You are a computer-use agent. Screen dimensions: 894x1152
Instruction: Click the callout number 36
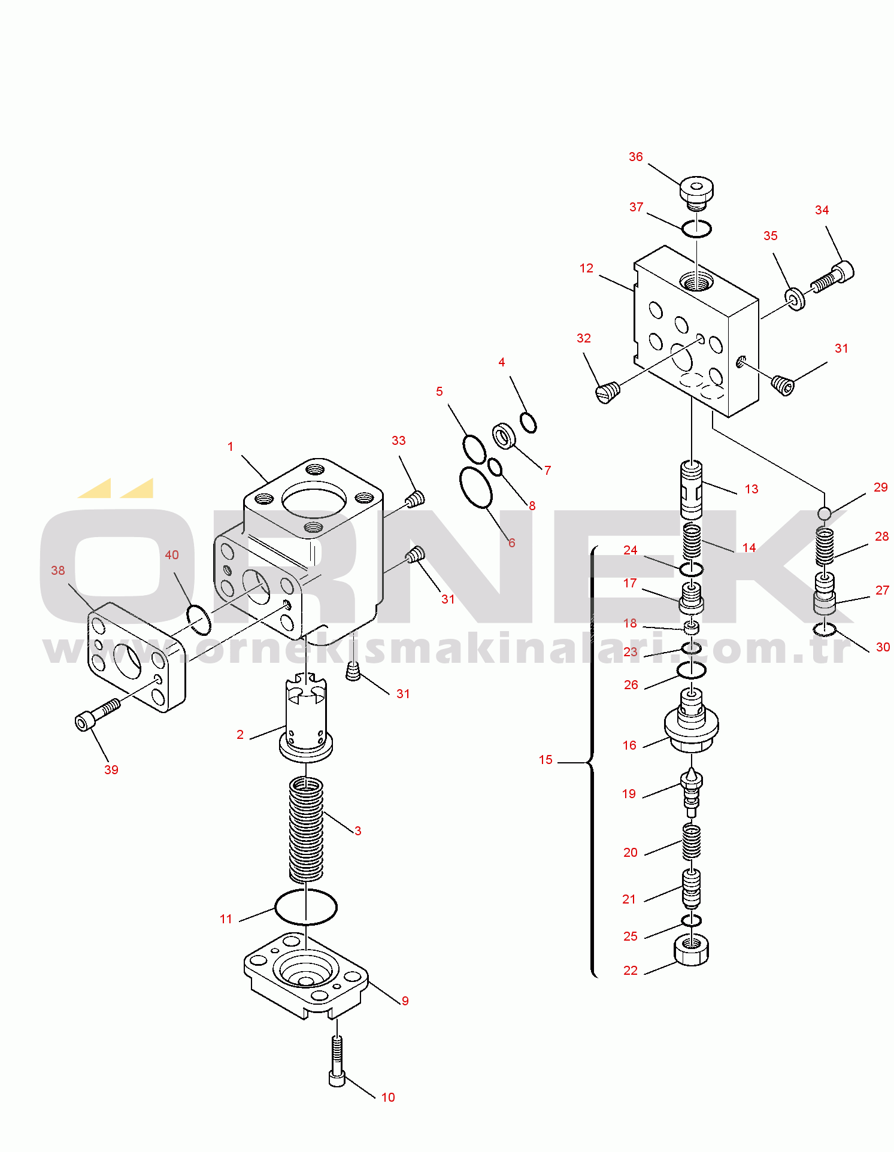[x=635, y=157]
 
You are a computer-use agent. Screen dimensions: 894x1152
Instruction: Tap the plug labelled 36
[x=696, y=192]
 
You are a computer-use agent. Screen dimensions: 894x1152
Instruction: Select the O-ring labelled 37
[x=696, y=228]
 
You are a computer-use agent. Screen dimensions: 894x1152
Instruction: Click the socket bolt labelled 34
[x=833, y=277]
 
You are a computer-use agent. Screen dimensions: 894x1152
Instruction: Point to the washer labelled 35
[x=795, y=298]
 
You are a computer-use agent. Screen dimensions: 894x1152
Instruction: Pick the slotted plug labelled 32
[x=608, y=392]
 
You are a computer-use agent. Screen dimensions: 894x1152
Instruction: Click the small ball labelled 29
[x=825, y=513]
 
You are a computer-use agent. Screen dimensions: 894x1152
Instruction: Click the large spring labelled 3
[x=306, y=829]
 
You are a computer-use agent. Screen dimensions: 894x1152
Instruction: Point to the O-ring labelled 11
[x=306, y=907]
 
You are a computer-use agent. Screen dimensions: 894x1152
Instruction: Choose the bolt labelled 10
[x=337, y=1060]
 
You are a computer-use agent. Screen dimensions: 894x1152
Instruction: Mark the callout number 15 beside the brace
[x=546, y=760]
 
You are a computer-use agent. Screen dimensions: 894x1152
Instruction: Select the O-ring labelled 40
[x=199, y=620]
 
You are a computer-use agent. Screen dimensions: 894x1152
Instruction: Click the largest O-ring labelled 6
[x=476, y=487]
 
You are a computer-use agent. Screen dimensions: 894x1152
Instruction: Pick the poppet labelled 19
[x=692, y=791]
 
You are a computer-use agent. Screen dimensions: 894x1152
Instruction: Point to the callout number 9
[x=405, y=1001]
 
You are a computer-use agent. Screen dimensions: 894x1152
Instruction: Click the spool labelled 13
[x=692, y=489]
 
